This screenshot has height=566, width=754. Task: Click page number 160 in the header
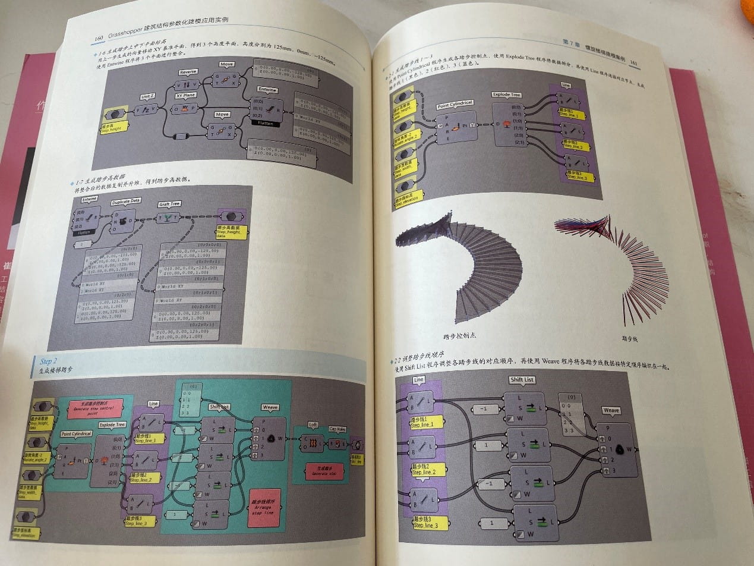(x=99, y=39)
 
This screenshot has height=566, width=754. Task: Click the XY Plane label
(x=185, y=95)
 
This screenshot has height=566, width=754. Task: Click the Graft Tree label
(x=169, y=204)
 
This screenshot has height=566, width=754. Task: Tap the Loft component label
(x=313, y=424)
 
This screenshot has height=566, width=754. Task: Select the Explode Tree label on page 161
(x=506, y=95)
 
